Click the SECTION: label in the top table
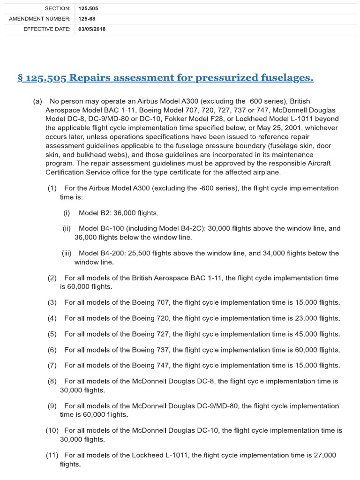[x=58, y=8]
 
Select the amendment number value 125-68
[x=86, y=19]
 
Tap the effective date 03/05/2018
[x=92, y=29]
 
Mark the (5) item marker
[x=52, y=334]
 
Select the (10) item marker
[x=52, y=430]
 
